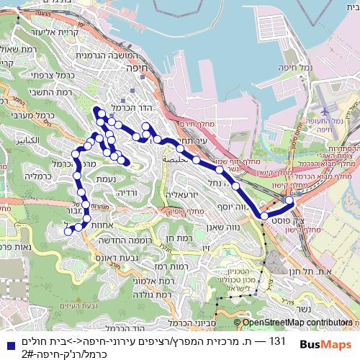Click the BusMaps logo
point(325,345)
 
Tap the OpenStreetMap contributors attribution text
point(296,323)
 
